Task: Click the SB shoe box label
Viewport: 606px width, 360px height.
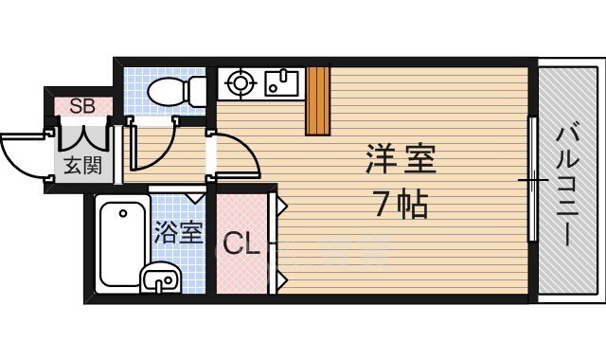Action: pyautogui.click(x=81, y=105)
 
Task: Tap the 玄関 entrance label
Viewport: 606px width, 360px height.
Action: pyautogui.click(x=82, y=166)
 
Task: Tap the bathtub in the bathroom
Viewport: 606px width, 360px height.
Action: pyautogui.click(x=119, y=244)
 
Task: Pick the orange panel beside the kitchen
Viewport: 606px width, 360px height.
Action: pyautogui.click(x=317, y=100)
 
